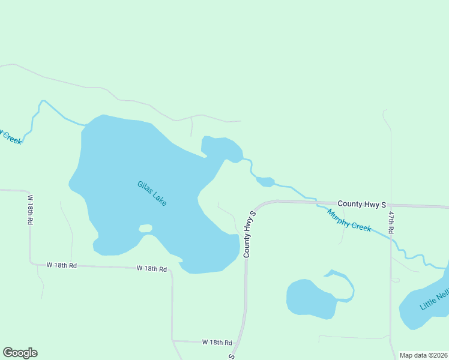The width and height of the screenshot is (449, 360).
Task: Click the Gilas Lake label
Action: pos(151,194)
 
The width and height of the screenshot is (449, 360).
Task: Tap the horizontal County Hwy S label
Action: pos(361,205)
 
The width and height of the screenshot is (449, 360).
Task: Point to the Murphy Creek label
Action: pos(349,221)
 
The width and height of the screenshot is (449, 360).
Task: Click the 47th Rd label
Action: pos(391,222)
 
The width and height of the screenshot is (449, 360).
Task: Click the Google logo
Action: pos(20,353)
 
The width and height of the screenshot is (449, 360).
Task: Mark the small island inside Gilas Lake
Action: pos(145,228)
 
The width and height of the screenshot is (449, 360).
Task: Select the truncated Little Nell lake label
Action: pos(435,299)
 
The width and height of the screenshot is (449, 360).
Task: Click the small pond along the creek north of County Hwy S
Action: pos(265,181)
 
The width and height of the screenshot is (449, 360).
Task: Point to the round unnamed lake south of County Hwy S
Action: pos(310,298)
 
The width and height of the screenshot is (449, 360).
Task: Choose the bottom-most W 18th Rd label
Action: pos(217,342)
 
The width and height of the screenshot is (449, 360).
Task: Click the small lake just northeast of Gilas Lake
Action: pos(220,148)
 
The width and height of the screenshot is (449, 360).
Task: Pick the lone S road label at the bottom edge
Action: pos(231,356)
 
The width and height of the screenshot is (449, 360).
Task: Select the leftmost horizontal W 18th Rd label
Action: pos(62,265)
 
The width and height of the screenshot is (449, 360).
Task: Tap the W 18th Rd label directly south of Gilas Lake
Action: pos(151,268)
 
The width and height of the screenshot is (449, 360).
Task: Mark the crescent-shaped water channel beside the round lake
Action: pos(344,285)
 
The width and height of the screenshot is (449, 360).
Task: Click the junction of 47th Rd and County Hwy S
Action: pos(391,206)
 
